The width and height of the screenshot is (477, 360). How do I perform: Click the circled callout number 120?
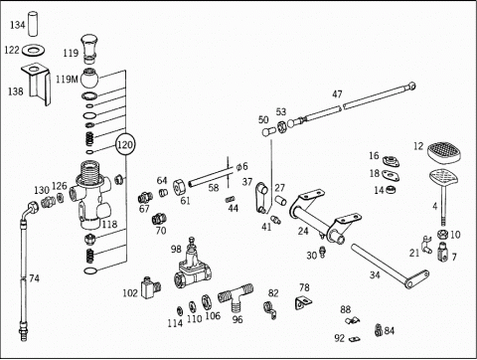coord(125,145)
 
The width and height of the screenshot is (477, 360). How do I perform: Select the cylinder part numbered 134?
coord(34,24)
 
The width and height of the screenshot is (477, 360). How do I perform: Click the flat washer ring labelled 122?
coord(34,51)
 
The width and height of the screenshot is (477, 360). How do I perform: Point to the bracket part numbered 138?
coord(37,84)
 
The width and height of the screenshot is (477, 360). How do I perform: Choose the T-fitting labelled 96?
coord(236,296)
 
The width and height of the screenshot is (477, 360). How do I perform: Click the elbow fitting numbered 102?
coord(151,287)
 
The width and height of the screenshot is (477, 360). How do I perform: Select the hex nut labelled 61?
coord(180,187)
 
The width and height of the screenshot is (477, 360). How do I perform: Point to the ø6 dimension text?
coord(241,166)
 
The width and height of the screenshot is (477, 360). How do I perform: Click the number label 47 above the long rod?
coord(337,94)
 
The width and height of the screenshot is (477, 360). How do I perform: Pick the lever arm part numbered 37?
coord(261,199)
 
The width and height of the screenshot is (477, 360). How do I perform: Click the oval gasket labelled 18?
coord(391,175)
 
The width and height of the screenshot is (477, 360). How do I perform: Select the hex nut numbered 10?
coord(442,235)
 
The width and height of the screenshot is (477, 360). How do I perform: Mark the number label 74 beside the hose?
coord(34,278)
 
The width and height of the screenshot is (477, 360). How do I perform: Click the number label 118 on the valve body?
coord(109,225)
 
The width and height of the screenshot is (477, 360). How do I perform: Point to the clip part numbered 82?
coord(270,310)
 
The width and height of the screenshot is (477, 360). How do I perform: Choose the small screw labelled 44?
coord(231,199)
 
